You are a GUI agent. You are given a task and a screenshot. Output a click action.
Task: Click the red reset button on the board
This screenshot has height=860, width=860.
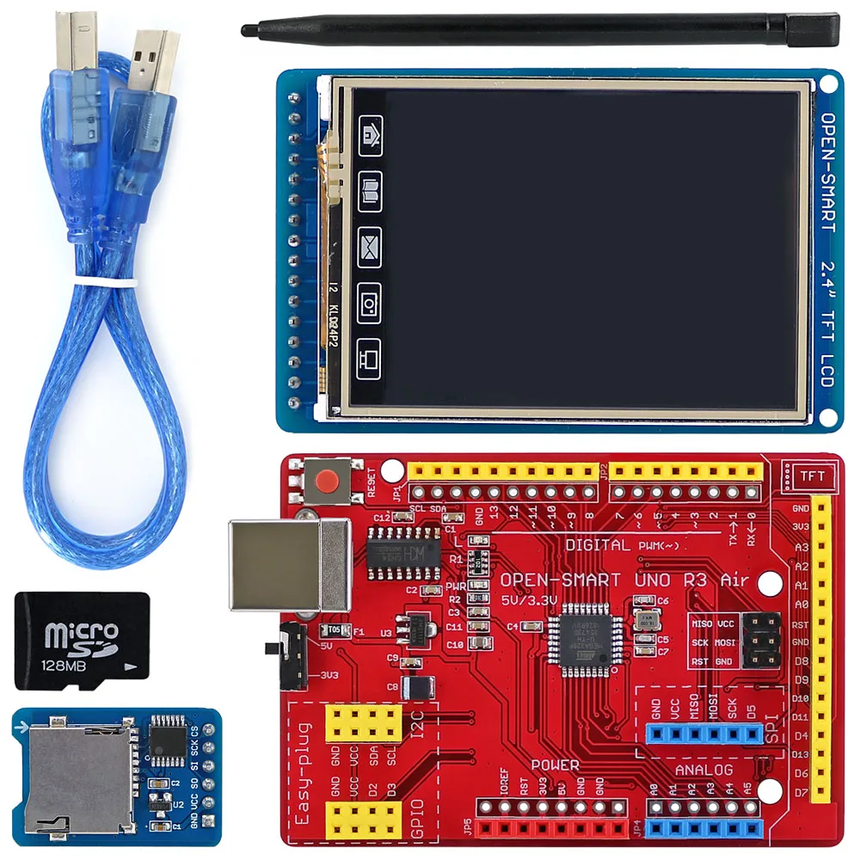tap(328, 482)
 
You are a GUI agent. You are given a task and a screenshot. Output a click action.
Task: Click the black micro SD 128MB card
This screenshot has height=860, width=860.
tap(82, 640)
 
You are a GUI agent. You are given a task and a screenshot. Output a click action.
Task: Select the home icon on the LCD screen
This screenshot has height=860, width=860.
tap(371, 136)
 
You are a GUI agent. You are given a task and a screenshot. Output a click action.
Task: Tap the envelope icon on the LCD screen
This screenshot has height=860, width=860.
tap(370, 242)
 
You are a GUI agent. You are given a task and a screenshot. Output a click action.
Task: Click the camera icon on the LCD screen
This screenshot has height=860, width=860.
tap(370, 304)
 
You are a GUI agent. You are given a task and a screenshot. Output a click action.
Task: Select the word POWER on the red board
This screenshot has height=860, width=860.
tap(555, 765)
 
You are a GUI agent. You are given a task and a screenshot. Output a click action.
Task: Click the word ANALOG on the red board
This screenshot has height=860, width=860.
tap(703, 770)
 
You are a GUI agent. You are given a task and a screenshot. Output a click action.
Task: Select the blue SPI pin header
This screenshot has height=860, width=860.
tap(703, 734)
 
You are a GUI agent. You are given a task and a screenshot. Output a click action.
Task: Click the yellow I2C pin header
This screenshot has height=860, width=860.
tap(363, 724)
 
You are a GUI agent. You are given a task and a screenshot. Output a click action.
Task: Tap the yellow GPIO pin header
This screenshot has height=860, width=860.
tap(363, 820)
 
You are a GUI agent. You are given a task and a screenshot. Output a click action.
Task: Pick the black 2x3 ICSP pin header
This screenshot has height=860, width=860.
tap(761, 640)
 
